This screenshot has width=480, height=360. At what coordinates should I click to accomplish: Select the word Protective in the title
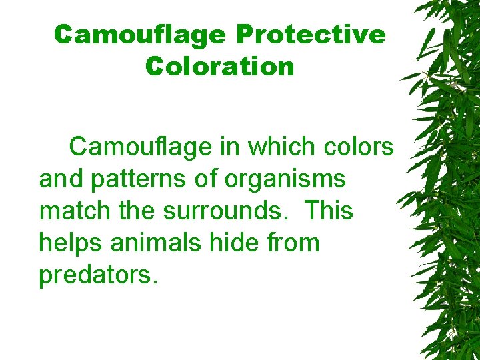[310, 35]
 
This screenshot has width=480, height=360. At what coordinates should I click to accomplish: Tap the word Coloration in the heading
[219, 66]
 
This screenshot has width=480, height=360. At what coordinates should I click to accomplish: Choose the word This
[329, 211]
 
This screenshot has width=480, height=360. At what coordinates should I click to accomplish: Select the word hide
[247, 243]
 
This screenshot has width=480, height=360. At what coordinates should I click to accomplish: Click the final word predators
[99, 275]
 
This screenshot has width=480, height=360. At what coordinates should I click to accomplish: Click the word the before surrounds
[139, 211]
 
